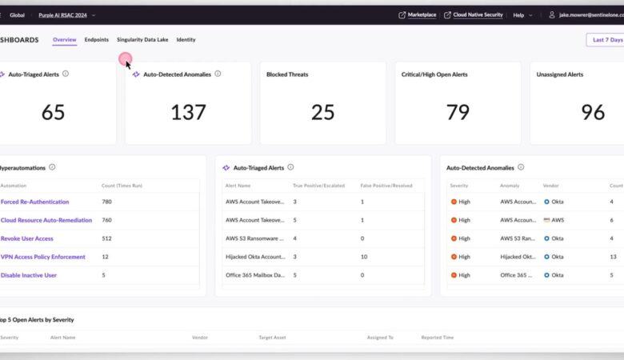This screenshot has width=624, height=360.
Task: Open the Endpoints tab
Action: click(97, 39)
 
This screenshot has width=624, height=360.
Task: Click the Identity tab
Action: click(186, 39)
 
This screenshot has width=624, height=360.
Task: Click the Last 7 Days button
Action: click(606, 39)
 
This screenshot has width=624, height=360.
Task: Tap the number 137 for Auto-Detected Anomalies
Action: click(188, 112)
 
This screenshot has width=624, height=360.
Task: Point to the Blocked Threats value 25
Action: click(322, 112)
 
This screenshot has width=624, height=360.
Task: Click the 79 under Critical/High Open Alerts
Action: click(458, 112)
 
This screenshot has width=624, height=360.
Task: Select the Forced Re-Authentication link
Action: click(34, 202)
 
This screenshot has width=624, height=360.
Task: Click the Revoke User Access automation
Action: click(27, 238)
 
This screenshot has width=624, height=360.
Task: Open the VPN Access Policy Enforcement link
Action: click(42, 257)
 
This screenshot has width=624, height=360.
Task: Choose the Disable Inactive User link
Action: click(29, 275)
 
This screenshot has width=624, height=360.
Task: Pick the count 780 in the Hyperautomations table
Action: click(106, 202)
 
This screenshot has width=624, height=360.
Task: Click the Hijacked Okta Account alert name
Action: click(254, 257)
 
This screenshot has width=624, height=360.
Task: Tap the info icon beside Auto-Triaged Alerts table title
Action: click(291, 167)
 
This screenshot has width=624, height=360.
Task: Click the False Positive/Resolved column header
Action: click(386, 185)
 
